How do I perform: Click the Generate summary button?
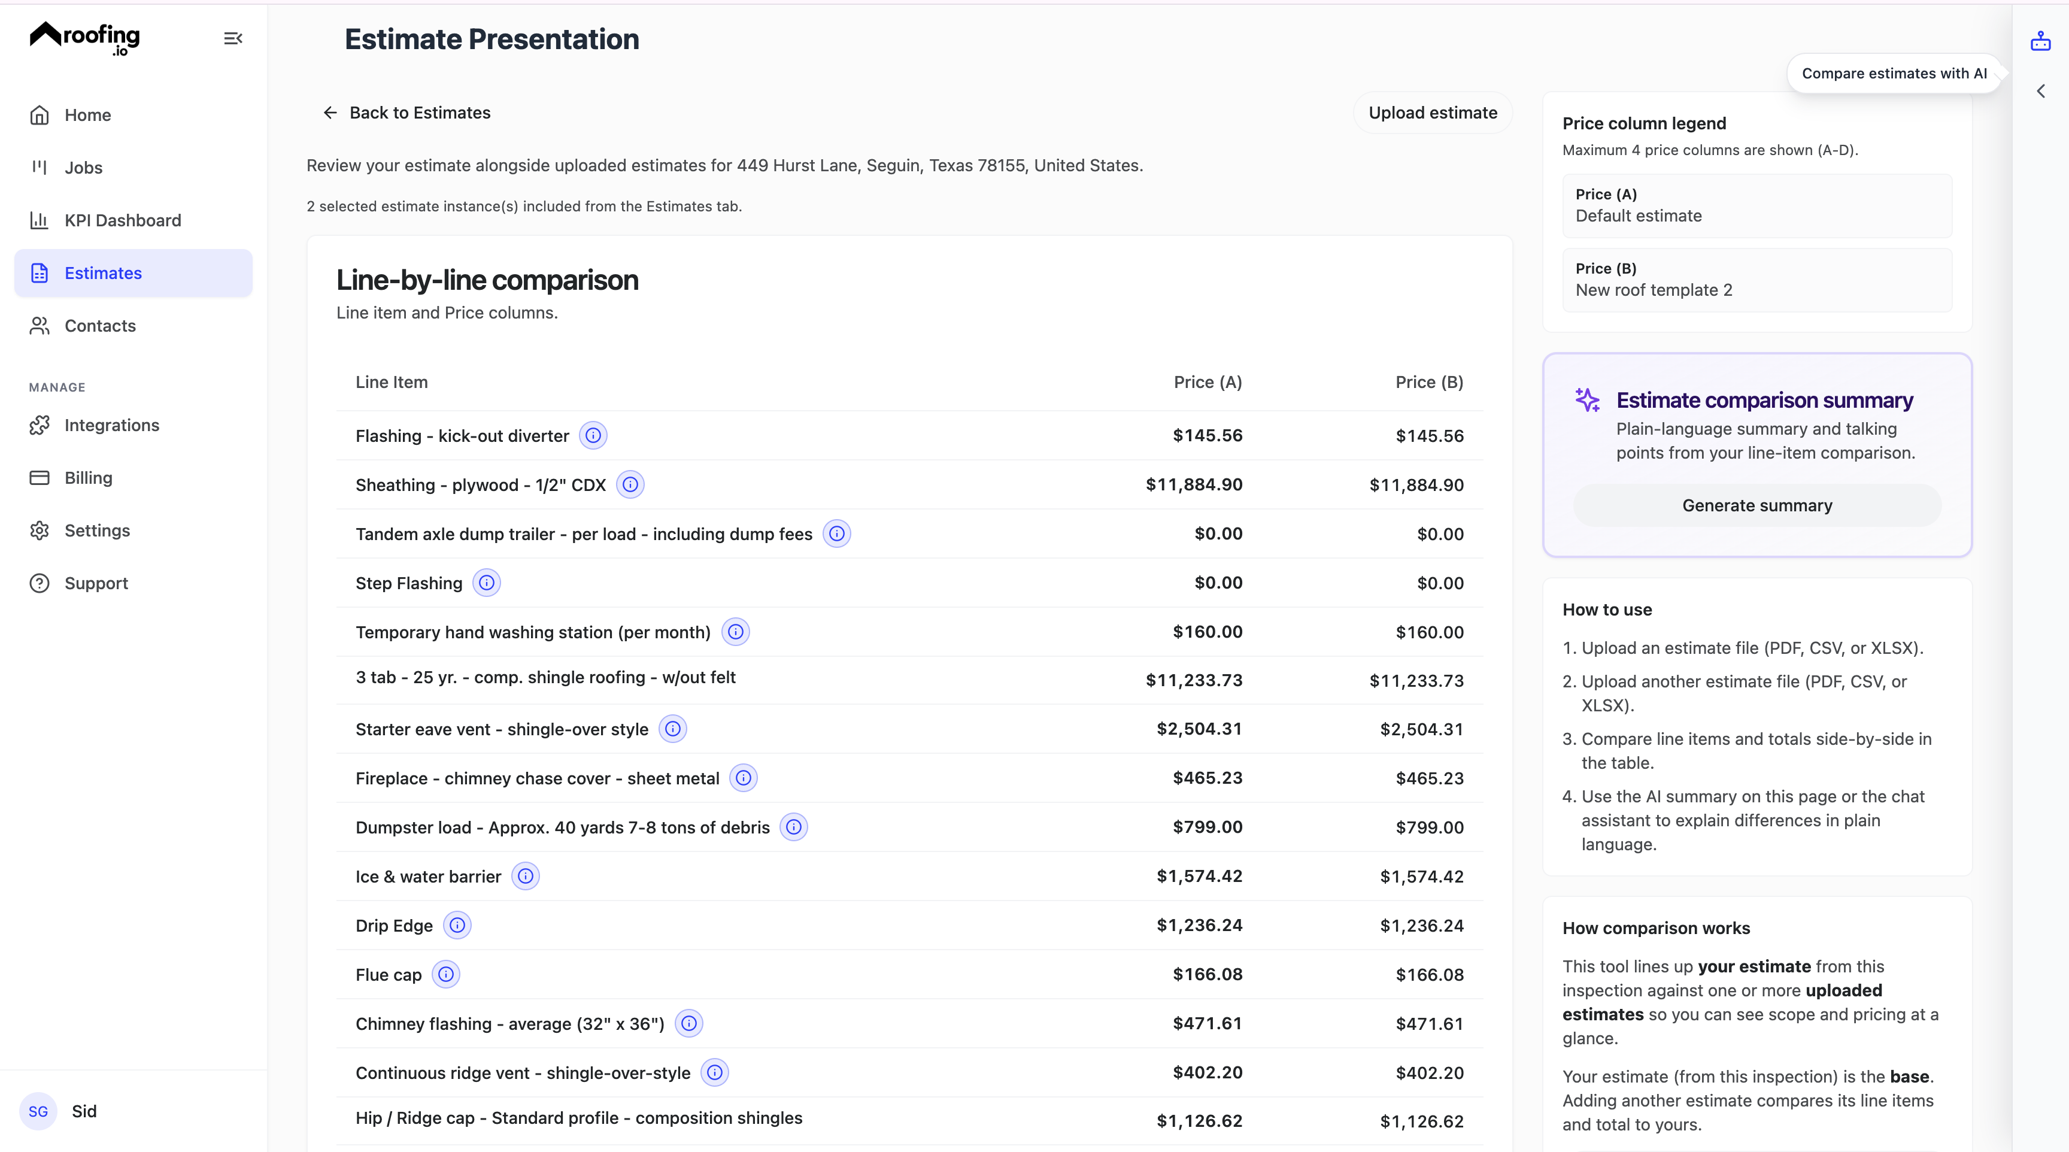1756,505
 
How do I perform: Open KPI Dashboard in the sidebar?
122,220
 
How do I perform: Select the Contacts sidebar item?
99,325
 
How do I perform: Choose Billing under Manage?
89,478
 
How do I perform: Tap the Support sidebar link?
96,583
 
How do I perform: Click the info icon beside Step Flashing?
487,583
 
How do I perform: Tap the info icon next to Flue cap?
446,974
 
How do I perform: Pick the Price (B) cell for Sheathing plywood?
1416,485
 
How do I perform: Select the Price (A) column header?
1207,383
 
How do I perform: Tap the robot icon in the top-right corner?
2040,41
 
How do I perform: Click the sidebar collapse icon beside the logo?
233,38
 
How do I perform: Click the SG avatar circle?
38,1111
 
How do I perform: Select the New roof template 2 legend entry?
1756,280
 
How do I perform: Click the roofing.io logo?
85,38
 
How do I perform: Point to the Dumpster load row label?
562,827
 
